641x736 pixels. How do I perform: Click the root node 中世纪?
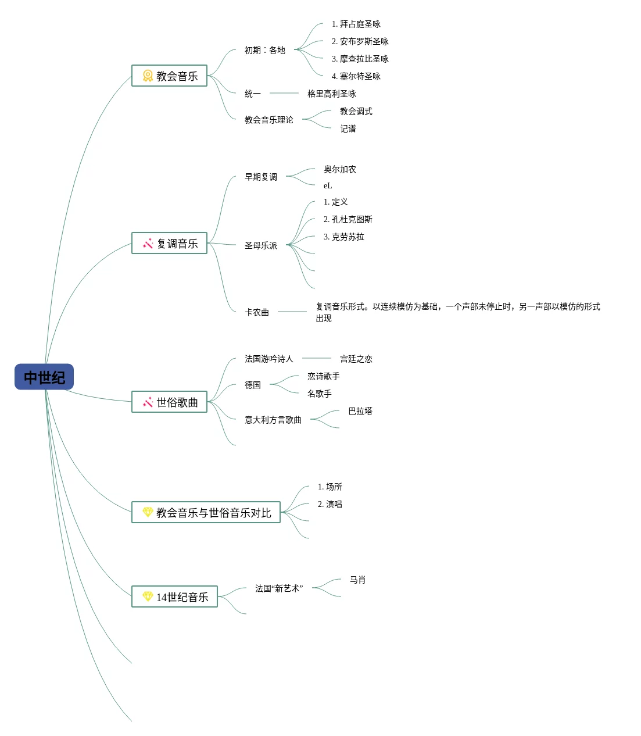(44, 377)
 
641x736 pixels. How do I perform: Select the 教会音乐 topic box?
(169, 76)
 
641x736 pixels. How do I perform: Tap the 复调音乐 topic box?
(169, 243)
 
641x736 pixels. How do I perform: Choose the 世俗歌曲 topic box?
(169, 402)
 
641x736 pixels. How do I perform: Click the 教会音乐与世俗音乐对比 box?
(206, 512)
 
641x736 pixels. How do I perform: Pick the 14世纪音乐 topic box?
(175, 597)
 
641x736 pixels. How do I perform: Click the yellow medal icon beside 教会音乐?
(148, 76)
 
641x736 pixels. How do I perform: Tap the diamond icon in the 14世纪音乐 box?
(148, 596)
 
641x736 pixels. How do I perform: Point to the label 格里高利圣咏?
(331, 94)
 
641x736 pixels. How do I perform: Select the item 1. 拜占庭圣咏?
(356, 24)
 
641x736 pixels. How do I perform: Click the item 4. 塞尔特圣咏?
(356, 76)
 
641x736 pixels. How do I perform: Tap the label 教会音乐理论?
(269, 120)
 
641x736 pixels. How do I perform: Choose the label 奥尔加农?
(340, 169)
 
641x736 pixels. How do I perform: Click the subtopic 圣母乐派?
(261, 245)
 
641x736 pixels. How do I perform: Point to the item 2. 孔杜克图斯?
(348, 219)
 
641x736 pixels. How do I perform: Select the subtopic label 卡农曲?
(257, 312)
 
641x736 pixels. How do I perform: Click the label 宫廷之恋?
(356, 359)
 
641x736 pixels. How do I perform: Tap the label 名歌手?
(319, 394)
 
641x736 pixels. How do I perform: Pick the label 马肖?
(358, 580)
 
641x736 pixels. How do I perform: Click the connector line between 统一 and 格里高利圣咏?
(284, 93)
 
